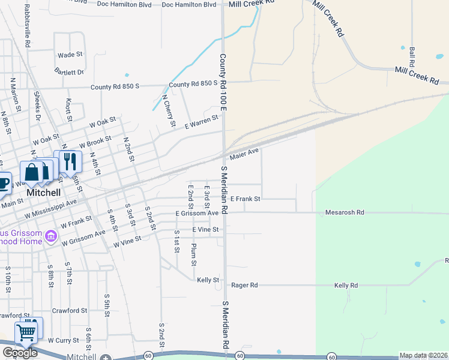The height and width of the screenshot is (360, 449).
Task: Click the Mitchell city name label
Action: coord(43,193)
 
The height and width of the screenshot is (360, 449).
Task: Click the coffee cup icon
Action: coord(3,183)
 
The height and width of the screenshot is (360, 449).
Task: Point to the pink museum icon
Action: coord(52,238)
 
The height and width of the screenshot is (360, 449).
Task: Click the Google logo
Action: coord(20,353)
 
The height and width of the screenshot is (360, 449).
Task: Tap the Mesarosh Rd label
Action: coord(345,212)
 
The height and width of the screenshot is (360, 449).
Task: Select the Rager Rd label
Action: coord(244,286)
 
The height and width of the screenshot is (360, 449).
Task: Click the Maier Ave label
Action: coord(244,155)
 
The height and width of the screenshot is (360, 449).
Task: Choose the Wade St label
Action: coord(70,55)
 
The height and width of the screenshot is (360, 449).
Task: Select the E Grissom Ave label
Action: coord(197,213)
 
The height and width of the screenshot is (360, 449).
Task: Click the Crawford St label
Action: coord(70,311)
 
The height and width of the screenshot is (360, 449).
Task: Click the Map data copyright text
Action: coord(423,356)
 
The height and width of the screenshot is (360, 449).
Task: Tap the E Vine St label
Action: coord(206,230)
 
